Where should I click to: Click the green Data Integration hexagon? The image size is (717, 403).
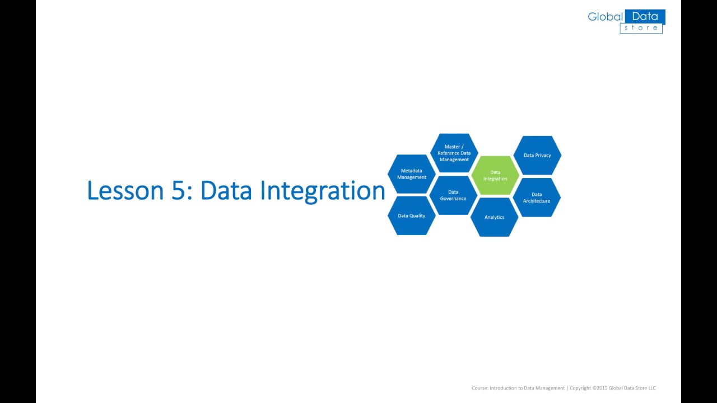[495, 176]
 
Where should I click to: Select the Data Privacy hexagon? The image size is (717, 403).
[537, 155]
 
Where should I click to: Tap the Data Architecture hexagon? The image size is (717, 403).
[537, 198]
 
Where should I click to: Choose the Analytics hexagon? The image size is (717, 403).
[494, 217]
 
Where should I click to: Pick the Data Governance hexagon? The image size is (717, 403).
[453, 195]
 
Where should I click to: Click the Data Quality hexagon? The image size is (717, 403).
[411, 215]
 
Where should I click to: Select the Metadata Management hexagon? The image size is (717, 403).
[411, 174]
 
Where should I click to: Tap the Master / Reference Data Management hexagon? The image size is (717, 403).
[454, 153]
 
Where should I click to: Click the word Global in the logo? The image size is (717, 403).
[605, 17]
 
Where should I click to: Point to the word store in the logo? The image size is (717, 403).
[641, 28]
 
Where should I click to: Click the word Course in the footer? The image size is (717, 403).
[479, 388]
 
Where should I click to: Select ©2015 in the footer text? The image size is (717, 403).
[600, 388]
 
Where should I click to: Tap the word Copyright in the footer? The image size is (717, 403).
[580, 388]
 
